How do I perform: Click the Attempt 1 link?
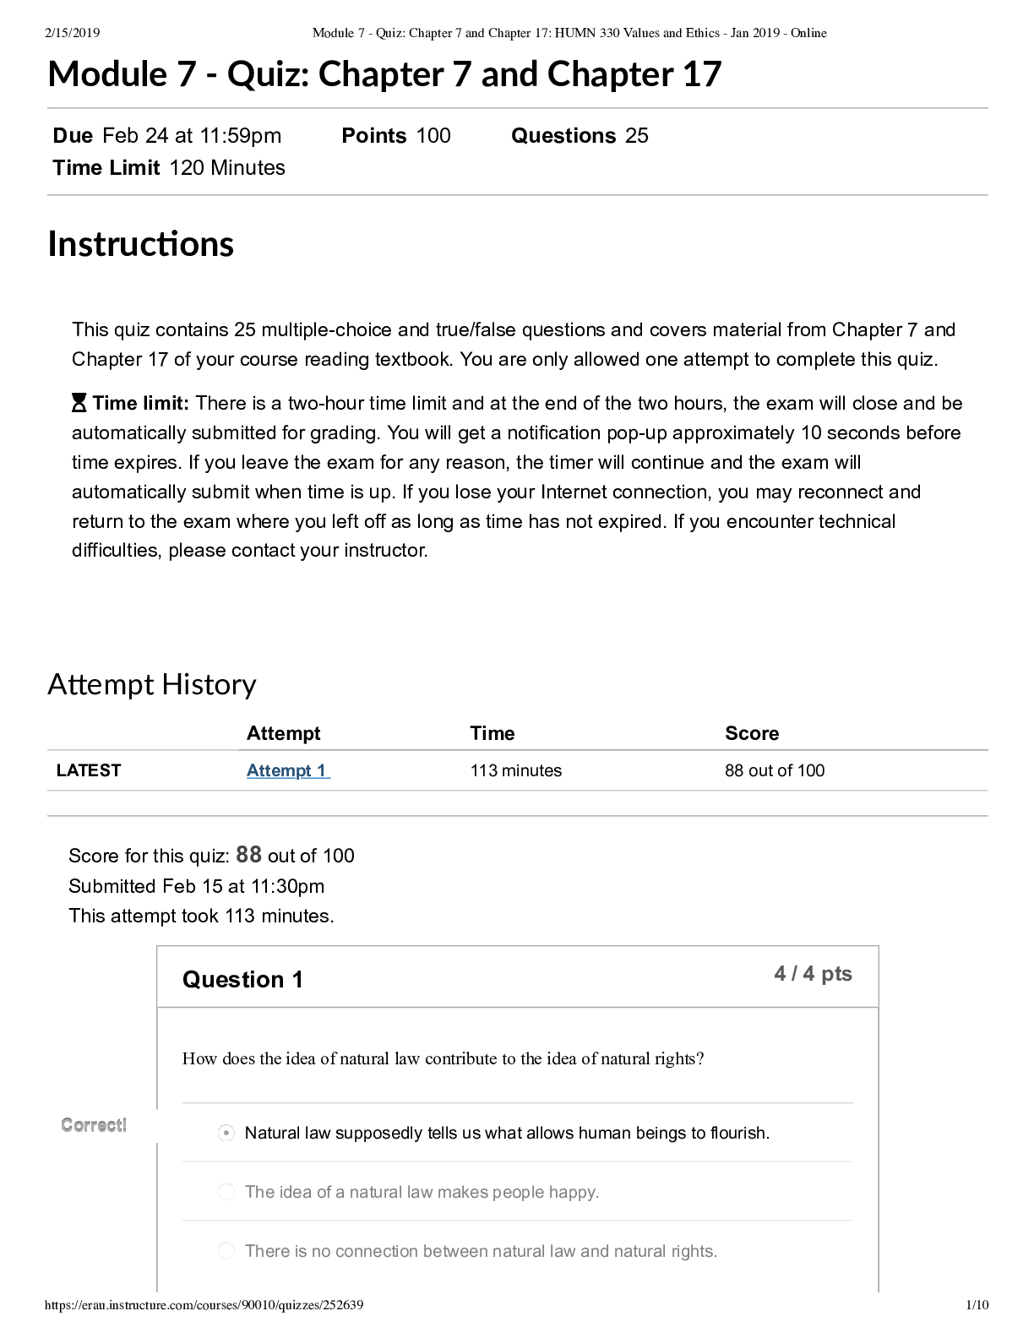point(287,770)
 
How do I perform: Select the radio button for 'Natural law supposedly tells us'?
point(226,1133)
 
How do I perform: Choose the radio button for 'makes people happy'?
point(226,1192)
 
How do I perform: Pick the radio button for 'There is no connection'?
point(226,1251)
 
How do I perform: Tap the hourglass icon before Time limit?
point(79,403)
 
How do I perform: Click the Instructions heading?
point(140,243)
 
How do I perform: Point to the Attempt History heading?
point(151,683)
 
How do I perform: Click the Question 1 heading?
point(242,979)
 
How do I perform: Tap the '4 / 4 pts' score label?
point(813,974)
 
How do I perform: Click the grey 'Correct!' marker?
point(94,1125)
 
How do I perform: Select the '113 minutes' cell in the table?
point(515,770)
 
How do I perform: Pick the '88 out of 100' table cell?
point(774,770)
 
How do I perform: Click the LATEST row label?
point(89,770)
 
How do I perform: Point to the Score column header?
point(752,733)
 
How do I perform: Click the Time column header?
point(492,733)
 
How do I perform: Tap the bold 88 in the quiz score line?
point(248,855)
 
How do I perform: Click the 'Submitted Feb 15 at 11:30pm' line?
point(196,886)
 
